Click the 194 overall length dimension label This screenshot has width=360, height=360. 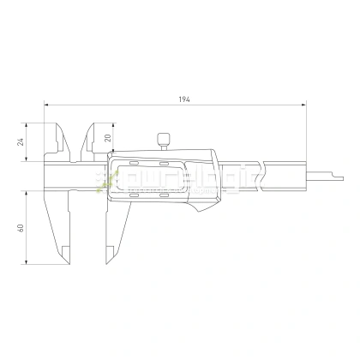click(x=184, y=101)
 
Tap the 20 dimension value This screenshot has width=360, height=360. click(x=108, y=137)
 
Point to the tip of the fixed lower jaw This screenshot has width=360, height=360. click(x=65, y=255)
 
